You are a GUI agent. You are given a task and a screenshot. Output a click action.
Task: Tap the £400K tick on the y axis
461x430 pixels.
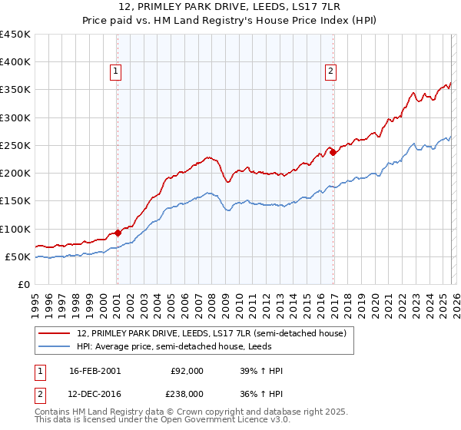click(15, 62)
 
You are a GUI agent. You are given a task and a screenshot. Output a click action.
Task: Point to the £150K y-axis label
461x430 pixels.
click(15, 201)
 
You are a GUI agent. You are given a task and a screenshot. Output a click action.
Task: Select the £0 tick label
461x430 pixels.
click(25, 284)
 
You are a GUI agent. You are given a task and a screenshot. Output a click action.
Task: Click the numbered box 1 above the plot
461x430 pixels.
click(115, 71)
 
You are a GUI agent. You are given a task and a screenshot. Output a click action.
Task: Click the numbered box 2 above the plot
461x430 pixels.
click(330, 71)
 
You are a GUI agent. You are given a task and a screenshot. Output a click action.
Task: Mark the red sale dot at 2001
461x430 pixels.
click(118, 233)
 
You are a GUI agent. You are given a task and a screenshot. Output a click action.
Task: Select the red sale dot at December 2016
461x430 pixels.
click(333, 152)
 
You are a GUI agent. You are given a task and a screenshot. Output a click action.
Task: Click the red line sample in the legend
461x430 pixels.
click(55, 334)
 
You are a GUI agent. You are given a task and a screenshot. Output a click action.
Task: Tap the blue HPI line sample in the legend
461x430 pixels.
click(55, 346)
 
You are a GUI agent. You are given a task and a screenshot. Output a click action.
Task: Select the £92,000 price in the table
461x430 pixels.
click(187, 371)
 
